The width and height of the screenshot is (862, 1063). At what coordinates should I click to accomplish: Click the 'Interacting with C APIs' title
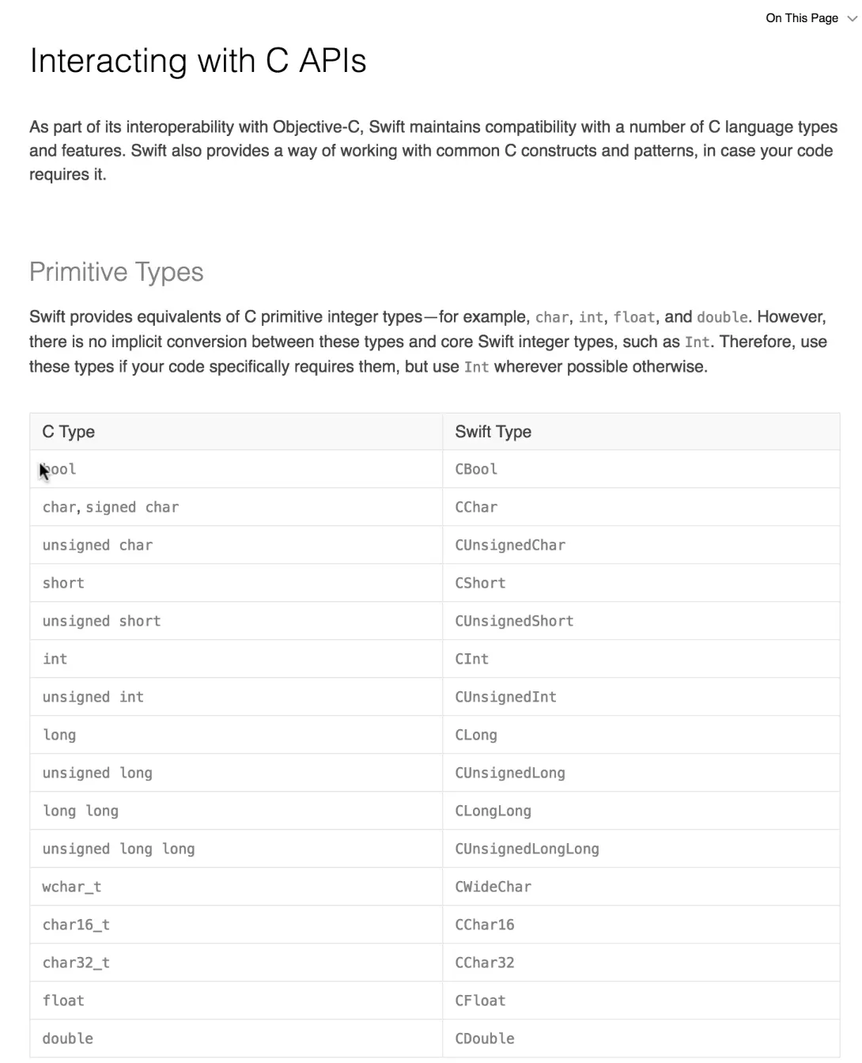(198, 61)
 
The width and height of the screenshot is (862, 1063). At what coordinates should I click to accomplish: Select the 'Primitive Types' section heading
(116, 272)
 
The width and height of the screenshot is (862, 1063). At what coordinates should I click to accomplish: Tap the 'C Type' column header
(69, 432)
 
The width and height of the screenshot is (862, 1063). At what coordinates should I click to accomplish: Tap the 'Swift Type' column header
(493, 432)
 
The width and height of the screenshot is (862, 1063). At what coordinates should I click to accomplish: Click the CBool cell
(476, 469)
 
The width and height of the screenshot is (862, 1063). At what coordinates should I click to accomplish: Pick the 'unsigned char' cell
(97, 545)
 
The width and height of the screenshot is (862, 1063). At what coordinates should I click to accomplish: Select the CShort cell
(480, 583)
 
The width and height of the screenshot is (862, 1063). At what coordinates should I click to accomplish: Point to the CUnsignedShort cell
(514, 621)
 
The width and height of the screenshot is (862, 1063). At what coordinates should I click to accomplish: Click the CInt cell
(471, 659)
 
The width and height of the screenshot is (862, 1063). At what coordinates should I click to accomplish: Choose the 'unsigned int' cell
(93, 697)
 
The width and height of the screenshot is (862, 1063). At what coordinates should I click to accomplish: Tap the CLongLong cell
(493, 811)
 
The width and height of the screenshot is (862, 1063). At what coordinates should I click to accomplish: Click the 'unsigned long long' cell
(118, 849)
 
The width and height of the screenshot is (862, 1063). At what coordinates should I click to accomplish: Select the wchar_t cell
(71, 887)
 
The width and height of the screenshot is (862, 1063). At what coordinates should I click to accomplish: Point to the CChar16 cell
(484, 925)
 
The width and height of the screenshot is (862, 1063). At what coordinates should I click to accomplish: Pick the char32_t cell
(76, 963)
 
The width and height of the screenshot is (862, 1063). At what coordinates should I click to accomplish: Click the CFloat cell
(480, 1001)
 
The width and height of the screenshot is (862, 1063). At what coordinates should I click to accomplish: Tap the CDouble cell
(484, 1038)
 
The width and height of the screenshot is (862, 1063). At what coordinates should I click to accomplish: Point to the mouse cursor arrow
(43, 471)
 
